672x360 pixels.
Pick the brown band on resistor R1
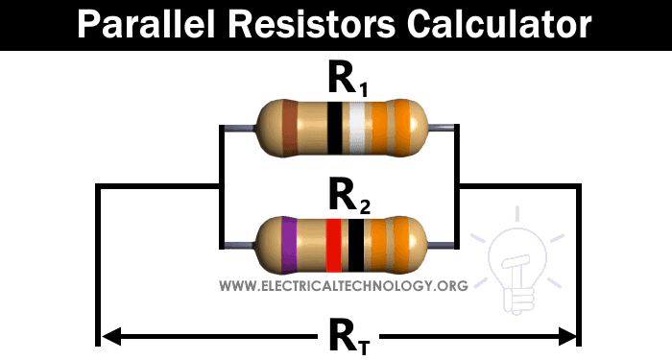coord(290,127)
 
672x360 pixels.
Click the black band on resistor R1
coord(334,127)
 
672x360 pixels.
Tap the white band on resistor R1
coord(357,127)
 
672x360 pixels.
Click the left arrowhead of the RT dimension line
coord(108,336)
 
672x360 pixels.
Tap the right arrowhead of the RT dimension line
coord(567,336)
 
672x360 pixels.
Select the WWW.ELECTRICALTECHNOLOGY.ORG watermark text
coord(344,286)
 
